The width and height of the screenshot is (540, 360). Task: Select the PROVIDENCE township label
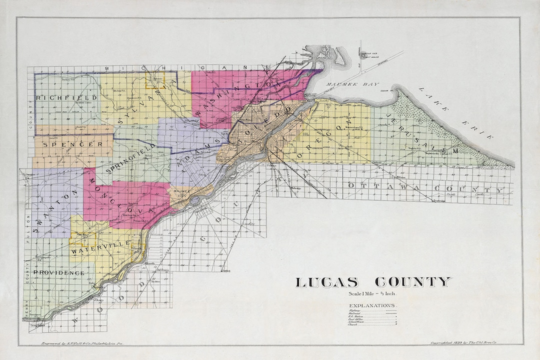point(58,272)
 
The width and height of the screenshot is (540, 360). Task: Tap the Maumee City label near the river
point(179,193)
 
